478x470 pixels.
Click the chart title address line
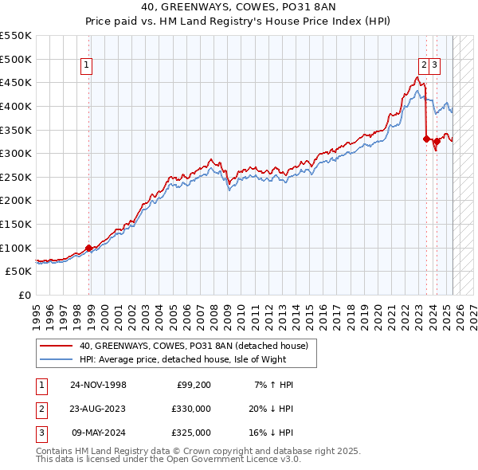coord(239,8)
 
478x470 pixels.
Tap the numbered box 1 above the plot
coord(86,66)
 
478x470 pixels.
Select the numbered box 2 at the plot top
coord(424,66)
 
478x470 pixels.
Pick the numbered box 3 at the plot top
coord(436,66)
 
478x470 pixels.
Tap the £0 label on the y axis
coord(25,295)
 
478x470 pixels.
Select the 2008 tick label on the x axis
coord(214,311)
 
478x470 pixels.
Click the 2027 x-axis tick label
coord(473,311)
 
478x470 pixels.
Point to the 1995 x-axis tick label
coord(37,311)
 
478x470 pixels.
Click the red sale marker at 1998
coord(88,248)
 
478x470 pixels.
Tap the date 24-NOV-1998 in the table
coord(98,385)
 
